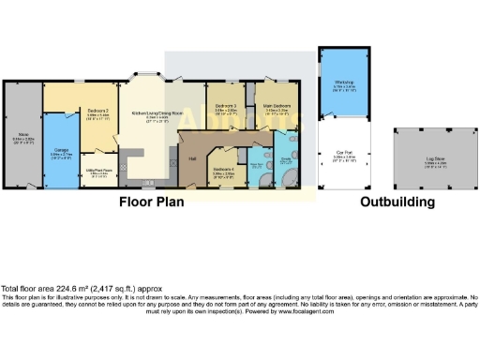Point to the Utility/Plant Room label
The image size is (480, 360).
[x=98, y=170]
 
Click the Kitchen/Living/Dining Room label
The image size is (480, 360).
[x=150, y=111]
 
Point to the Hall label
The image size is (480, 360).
[x=192, y=158]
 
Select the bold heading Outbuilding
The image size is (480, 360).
[x=397, y=202]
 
